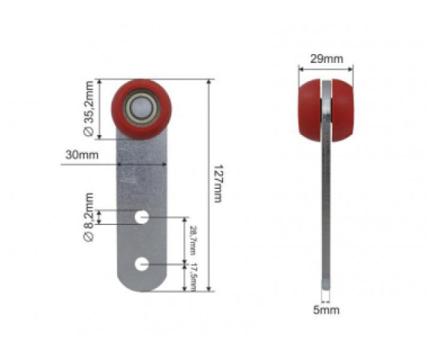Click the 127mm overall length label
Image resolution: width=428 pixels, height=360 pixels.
pos(218,183)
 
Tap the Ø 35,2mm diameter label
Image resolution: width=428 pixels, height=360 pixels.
pos(89,109)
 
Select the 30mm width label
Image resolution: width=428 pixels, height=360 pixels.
pos(82,155)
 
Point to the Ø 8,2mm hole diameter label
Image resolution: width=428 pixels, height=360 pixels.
pos(89,217)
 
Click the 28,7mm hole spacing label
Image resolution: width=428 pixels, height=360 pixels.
pos(193,240)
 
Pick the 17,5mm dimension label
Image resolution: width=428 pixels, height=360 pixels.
pos(193,277)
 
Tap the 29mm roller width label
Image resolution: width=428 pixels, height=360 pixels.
pos(327,59)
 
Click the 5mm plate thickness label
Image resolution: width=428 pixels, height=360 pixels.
pos(326,310)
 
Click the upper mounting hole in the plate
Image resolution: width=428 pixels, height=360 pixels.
pos(142,217)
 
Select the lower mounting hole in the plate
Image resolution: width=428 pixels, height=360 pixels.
pos(142,264)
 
